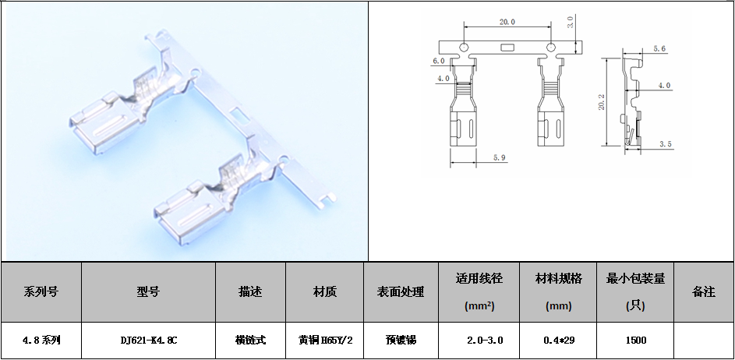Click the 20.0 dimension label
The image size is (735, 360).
507,22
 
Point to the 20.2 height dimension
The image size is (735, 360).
602,102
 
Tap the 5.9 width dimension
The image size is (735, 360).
500,158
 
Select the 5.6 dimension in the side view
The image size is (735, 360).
659,49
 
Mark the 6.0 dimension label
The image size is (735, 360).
439,61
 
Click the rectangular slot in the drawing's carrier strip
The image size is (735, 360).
507,48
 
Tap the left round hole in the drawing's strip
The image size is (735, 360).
464,47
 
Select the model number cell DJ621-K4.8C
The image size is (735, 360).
149,341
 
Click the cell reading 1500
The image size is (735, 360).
636,341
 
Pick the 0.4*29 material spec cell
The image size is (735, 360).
558,341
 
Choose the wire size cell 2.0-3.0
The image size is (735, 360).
479,341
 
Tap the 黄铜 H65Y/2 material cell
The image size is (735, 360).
325,341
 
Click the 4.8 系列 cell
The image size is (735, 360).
41,341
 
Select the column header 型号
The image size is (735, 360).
149,292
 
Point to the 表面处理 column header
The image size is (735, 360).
401,292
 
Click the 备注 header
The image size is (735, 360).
704,292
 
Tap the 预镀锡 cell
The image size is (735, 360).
401,341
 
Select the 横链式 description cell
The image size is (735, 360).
251,341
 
